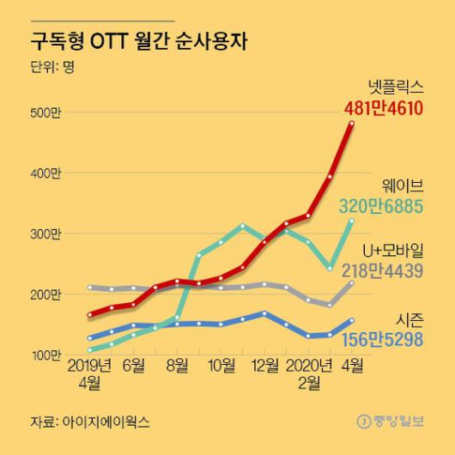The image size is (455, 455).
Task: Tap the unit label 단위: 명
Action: [x=52, y=67]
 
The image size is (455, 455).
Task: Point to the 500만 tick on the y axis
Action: [x=48, y=112]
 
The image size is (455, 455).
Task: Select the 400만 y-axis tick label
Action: [x=48, y=173]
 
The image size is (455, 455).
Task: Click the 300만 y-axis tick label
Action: [x=48, y=234]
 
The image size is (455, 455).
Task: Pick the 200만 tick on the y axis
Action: [x=48, y=294]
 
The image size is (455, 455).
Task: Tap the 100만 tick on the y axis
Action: [x=48, y=354]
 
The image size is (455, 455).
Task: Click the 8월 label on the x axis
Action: [x=177, y=365]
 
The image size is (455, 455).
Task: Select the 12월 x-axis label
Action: [x=264, y=365]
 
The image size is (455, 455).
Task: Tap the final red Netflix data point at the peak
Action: [x=351, y=124]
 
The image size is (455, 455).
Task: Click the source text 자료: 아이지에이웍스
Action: [x=89, y=422]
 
